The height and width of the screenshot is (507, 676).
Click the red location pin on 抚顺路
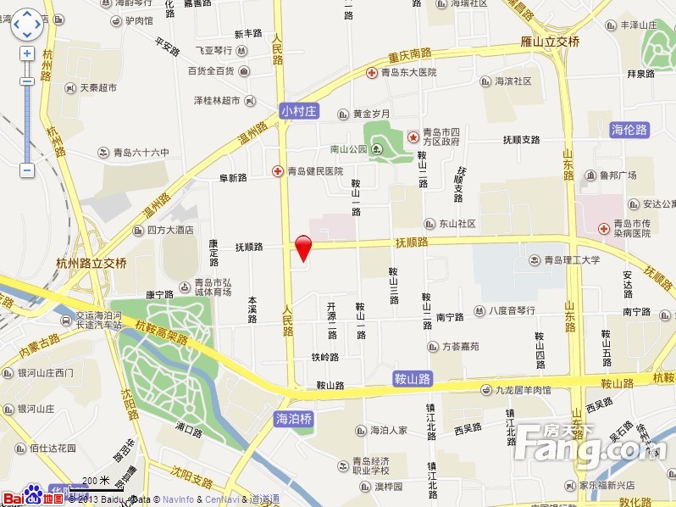(303, 248)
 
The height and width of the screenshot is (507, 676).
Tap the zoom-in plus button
(27, 53)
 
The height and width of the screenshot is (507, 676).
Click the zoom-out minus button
(27, 170)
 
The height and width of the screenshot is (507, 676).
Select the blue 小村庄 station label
(298, 110)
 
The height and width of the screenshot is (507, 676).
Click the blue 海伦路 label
(629, 130)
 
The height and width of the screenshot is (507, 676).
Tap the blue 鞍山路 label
(413, 378)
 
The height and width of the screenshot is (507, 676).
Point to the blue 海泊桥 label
(295, 419)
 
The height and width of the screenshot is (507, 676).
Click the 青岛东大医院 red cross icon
(371, 73)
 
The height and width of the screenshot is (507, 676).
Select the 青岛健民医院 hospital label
(314, 170)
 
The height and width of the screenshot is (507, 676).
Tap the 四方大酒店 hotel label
(169, 230)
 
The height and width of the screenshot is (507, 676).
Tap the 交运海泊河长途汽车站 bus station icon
(67, 320)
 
